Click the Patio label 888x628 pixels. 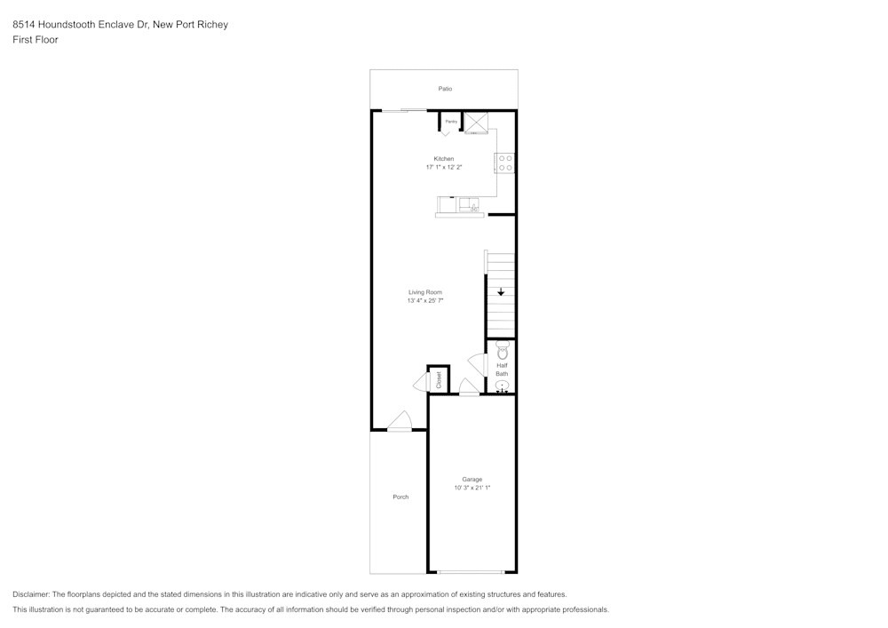[x=445, y=89]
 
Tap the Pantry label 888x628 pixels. [x=451, y=122]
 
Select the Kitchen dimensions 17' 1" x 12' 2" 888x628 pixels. [x=444, y=167]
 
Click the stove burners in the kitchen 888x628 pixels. [x=505, y=163]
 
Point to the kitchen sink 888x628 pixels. [x=469, y=204]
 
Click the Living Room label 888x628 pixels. [x=425, y=292]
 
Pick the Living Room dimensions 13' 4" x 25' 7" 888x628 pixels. [x=425, y=301]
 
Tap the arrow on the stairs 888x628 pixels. [x=501, y=291]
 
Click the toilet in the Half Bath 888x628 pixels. [x=502, y=350]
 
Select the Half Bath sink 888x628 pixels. [x=503, y=386]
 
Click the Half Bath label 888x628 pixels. [x=502, y=370]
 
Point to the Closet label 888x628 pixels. [x=439, y=380]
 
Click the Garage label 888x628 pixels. [x=472, y=479]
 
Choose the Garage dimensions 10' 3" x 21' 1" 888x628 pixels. [x=472, y=488]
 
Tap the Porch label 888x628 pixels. [x=400, y=497]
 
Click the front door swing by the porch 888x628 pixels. [x=400, y=421]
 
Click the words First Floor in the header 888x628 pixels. [x=36, y=40]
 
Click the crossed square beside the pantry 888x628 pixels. [x=476, y=123]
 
